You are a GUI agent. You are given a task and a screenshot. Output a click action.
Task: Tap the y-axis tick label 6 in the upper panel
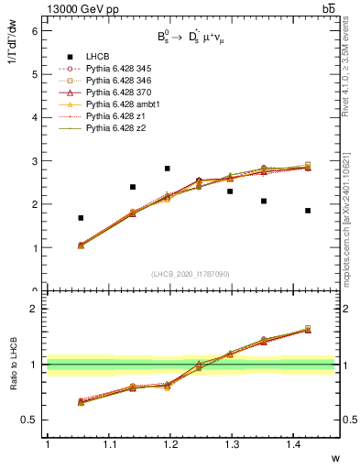(x=35, y=31)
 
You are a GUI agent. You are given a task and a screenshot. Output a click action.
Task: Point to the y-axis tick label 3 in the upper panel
(x=35, y=161)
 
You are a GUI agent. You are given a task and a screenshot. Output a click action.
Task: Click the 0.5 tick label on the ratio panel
(x=30, y=420)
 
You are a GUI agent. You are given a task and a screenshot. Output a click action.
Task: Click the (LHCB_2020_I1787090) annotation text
(x=191, y=274)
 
